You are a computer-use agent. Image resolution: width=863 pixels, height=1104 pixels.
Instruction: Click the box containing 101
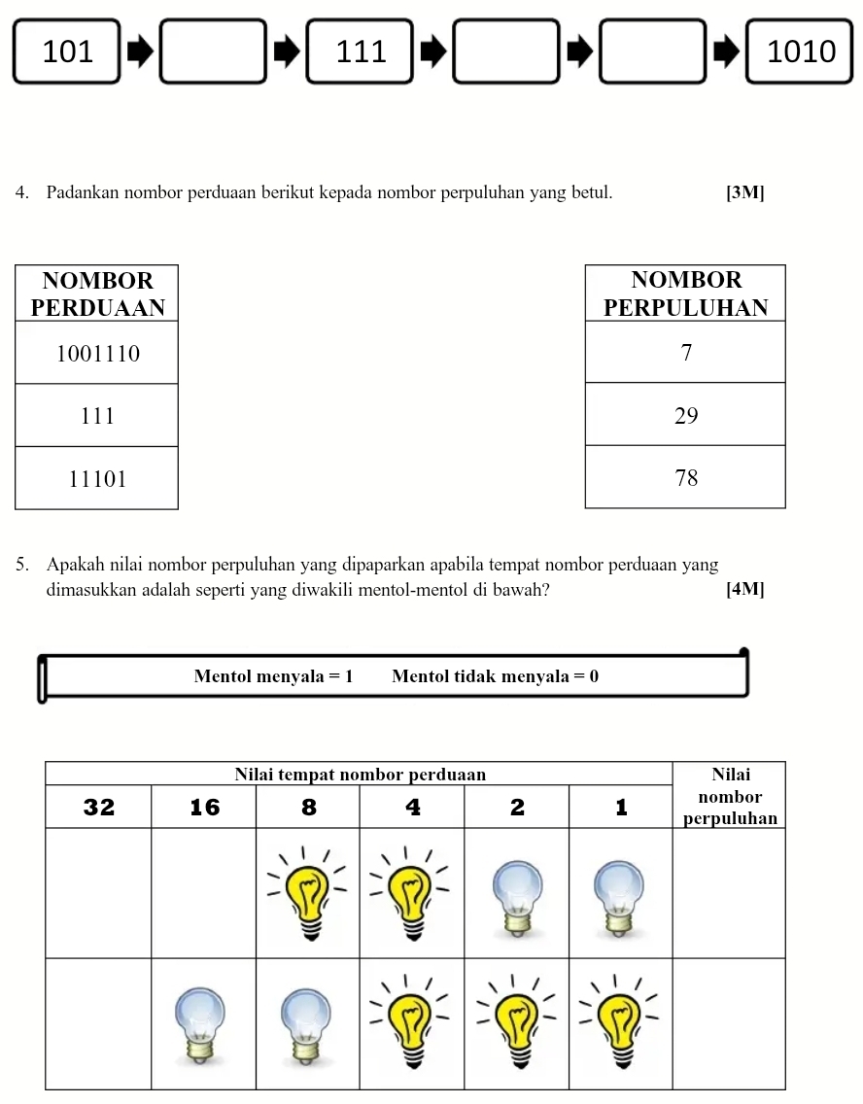(x=67, y=52)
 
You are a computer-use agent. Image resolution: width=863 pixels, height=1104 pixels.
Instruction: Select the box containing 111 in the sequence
(x=360, y=52)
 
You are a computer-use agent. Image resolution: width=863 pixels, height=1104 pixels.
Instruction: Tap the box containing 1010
(x=800, y=52)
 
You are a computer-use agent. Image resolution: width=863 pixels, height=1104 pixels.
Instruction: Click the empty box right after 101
(x=213, y=52)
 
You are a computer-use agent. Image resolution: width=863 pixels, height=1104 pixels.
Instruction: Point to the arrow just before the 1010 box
(x=725, y=52)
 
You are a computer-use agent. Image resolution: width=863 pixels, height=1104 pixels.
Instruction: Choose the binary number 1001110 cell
(x=97, y=353)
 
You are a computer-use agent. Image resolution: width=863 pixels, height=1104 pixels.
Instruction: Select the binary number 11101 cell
(x=97, y=478)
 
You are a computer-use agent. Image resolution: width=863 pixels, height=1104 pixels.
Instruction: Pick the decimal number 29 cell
(x=685, y=415)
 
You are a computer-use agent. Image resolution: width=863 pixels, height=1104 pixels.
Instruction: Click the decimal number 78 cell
(x=685, y=477)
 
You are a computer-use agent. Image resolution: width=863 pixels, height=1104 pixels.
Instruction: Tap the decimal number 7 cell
(x=685, y=353)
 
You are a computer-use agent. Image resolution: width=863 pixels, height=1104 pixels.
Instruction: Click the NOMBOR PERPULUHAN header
(x=685, y=293)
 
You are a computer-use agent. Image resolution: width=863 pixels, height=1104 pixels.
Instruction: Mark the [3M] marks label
(x=744, y=192)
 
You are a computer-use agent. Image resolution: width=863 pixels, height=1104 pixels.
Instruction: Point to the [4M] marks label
(x=744, y=589)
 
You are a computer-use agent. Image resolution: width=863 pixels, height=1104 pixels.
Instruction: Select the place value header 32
(x=99, y=807)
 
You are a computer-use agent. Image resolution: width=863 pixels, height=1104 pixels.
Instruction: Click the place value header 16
(x=204, y=807)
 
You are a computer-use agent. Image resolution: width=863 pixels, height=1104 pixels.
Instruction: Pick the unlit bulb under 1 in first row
(x=620, y=899)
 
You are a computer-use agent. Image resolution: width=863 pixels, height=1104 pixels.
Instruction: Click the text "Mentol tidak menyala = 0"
(x=495, y=676)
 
